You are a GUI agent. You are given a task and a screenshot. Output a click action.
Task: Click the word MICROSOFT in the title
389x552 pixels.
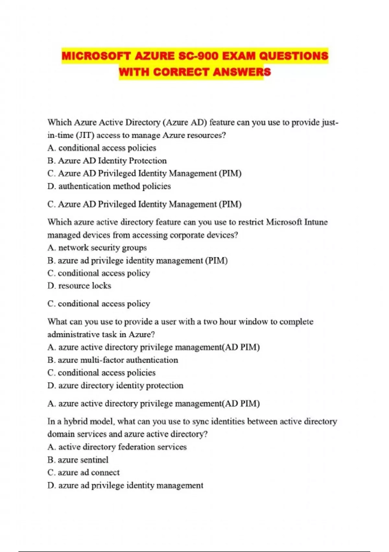point(96,56)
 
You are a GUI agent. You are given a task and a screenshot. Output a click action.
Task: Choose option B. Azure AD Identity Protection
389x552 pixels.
point(107,161)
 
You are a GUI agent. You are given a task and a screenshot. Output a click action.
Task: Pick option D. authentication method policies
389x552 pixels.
point(109,186)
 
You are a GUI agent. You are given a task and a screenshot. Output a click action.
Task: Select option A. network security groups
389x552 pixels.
point(97,247)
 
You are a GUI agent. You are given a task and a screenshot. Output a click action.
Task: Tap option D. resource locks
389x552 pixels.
point(79,286)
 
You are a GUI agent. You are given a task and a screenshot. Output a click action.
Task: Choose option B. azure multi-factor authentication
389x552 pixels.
point(112,360)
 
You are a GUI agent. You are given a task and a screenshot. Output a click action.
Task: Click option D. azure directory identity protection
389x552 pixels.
point(115,385)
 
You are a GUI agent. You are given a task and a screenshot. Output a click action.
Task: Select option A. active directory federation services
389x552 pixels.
point(117,447)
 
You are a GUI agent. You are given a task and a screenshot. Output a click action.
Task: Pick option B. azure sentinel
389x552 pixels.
point(78,460)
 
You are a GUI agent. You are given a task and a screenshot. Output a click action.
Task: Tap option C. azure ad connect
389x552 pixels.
point(83,472)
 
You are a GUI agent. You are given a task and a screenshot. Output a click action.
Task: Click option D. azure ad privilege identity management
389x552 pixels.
point(125,485)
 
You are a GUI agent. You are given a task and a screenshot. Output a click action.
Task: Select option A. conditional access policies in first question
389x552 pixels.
point(101,148)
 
